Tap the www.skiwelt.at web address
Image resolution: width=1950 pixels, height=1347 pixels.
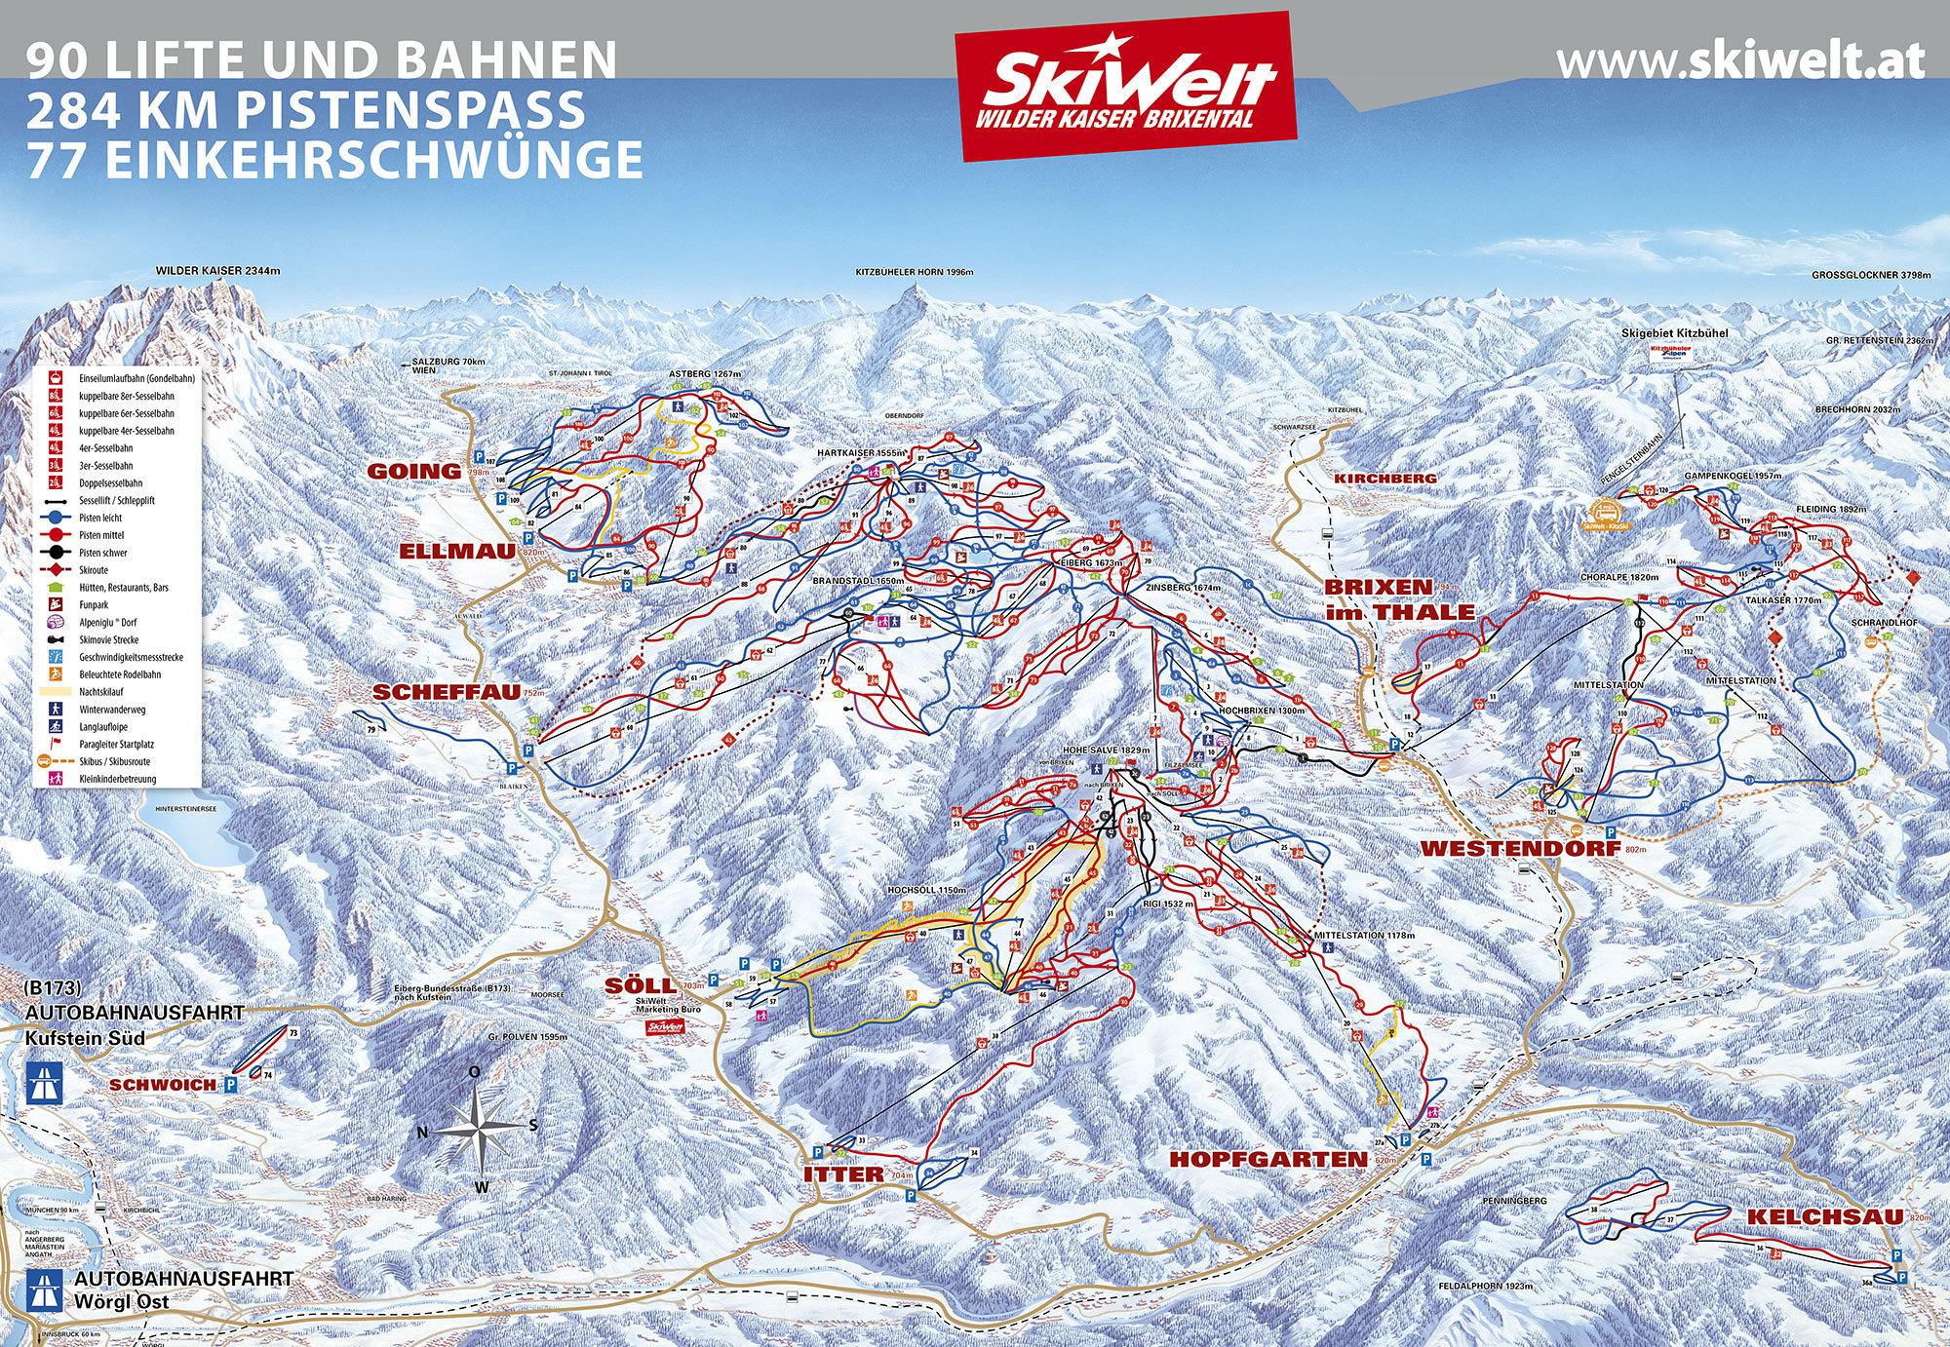click(x=1740, y=61)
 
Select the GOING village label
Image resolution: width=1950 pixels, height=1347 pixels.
click(x=413, y=471)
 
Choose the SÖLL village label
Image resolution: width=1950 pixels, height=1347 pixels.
click(x=640, y=985)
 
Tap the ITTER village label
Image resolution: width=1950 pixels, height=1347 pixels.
click(x=843, y=1174)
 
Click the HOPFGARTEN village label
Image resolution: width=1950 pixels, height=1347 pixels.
click(x=1268, y=1159)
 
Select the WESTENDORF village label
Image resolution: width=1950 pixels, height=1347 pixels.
click(x=1491, y=848)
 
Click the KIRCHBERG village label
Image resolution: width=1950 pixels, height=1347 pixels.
click(x=1384, y=479)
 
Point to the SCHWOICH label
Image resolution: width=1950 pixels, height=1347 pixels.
click(x=161, y=1085)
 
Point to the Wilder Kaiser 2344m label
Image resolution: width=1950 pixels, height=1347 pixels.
click(x=217, y=270)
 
